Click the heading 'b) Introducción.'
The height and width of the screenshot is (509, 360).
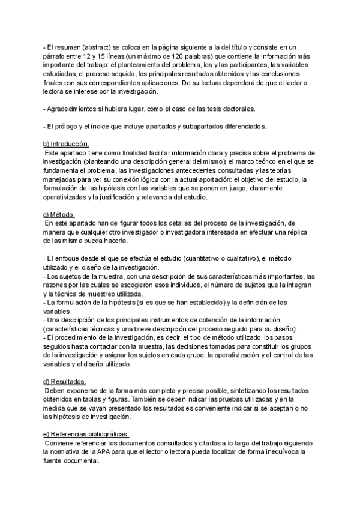65,144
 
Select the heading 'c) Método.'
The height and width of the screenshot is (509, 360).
58,214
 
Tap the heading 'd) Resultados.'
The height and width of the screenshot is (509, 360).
64,381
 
